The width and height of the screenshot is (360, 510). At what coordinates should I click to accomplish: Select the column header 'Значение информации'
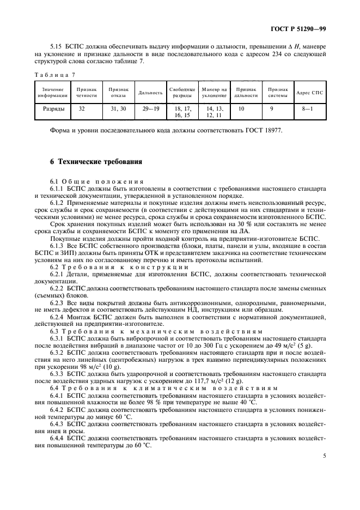pos(53,92)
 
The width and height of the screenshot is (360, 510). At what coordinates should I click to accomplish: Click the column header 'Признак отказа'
pos(118,92)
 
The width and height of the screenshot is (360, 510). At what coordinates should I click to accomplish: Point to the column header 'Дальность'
pos(150,92)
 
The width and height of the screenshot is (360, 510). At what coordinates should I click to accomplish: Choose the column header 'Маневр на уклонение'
pos(213,92)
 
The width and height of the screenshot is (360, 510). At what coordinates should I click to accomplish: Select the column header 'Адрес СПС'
pos(309,92)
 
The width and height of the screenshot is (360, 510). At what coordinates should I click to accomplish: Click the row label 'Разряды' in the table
pos(53,108)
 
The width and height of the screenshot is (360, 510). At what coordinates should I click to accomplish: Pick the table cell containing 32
pos(82,108)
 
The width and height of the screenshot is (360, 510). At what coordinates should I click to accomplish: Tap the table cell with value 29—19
pos(150,108)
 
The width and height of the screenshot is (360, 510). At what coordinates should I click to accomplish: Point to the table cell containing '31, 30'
pos(118,108)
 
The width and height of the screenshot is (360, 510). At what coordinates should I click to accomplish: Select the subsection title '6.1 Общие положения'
pos(97,181)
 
